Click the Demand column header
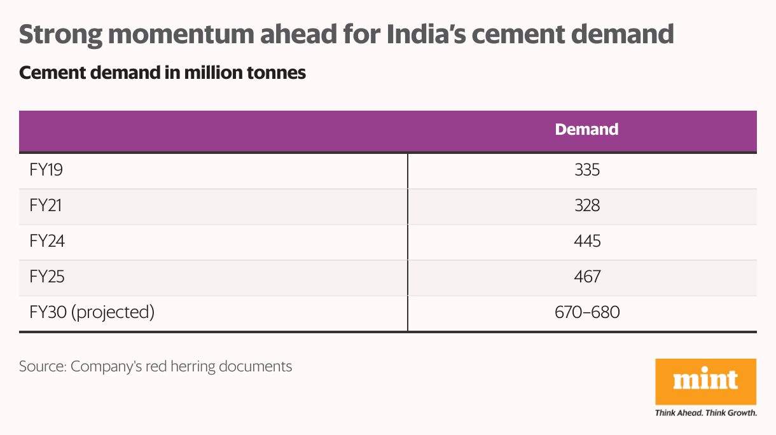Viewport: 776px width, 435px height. pos(586,129)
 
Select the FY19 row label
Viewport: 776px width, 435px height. pos(46,170)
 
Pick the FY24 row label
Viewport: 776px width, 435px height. pos(47,242)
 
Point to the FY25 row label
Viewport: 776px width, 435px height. pos(47,277)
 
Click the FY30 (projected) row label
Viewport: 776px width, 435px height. pos(92,313)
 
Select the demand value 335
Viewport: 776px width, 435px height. pos(586,170)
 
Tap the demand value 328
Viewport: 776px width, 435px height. pos(586,206)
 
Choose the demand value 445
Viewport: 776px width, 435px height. pos(586,242)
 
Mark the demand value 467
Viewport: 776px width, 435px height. pos(586,277)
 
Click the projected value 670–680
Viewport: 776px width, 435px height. pos(586,313)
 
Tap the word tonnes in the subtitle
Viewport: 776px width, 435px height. pos(275,73)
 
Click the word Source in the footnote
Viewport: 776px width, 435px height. pos(42,366)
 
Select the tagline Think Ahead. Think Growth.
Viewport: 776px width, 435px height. pos(705,413)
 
